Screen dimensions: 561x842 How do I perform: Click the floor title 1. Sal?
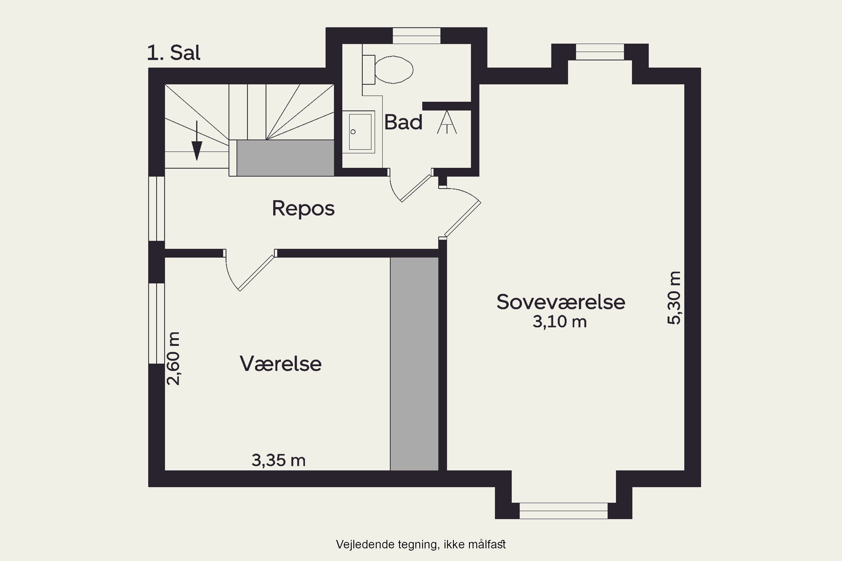[x=174, y=53]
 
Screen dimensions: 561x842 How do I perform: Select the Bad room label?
[x=403, y=122]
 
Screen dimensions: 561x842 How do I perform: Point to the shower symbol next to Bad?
[x=447, y=123]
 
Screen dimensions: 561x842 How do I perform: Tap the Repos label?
[x=303, y=209]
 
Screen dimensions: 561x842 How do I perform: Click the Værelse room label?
[x=281, y=364]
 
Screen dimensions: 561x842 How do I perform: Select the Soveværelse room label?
[x=560, y=302]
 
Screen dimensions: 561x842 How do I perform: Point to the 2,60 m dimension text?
[x=173, y=358]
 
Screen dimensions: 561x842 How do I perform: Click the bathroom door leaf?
[x=416, y=188]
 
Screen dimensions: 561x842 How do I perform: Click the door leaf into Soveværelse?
[x=463, y=219]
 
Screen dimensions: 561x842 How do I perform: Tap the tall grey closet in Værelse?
[x=414, y=364]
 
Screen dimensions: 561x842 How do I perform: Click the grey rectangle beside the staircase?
[x=285, y=158]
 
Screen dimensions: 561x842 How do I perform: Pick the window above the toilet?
[x=416, y=36]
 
